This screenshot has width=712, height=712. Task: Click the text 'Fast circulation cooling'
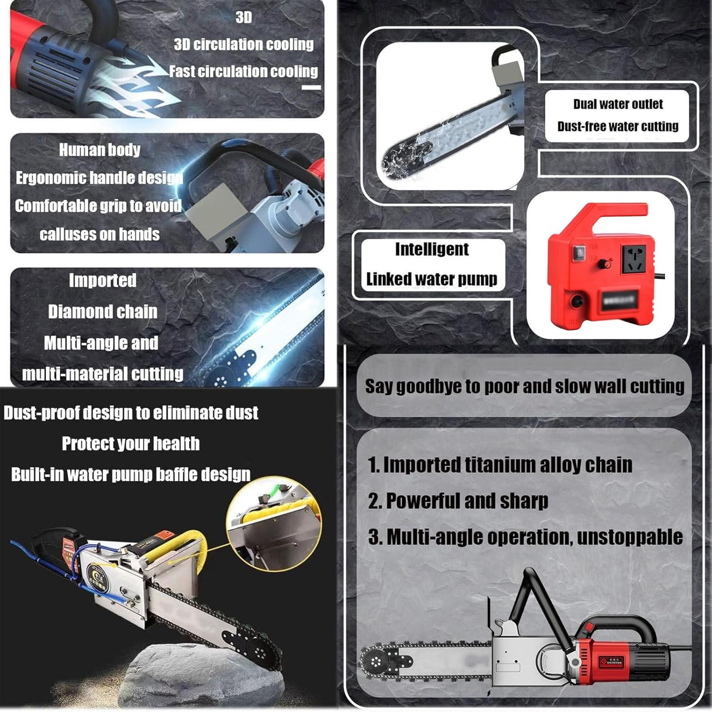click(244, 71)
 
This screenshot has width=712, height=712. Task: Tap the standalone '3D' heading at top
click(244, 18)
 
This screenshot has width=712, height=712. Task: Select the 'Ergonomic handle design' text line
click(99, 178)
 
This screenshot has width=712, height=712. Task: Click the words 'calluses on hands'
click(99, 234)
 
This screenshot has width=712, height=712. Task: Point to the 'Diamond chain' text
click(103, 312)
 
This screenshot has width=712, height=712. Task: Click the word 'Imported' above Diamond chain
click(103, 280)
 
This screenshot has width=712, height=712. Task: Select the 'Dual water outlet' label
click(618, 104)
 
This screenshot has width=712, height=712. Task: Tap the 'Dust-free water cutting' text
click(618, 126)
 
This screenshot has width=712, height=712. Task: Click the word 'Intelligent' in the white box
click(431, 249)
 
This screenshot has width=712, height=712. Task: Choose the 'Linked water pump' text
click(431, 279)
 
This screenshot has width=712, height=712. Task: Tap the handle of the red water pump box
click(617, 211)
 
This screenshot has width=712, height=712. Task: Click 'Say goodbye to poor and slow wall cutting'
click(524, 386)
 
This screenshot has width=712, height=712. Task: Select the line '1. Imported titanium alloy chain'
click(500, 465)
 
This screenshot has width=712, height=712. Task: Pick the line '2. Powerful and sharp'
click(458, 501)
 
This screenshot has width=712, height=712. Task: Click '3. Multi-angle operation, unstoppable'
click(525, 537)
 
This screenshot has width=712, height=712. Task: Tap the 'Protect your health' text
click(131, 444)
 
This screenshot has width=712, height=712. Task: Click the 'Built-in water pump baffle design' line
click(131, 475)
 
